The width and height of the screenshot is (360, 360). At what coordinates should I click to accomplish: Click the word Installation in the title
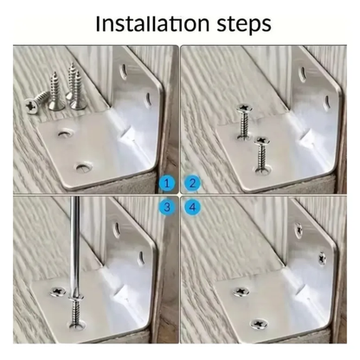pos(152,23)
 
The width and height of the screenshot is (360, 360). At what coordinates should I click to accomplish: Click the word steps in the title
pos(244,25)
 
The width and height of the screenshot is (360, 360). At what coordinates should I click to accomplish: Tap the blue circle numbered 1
pos(167,183)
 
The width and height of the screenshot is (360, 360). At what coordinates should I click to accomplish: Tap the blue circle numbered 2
pos(193,183)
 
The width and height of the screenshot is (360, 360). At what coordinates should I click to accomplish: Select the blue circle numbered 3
pos(167,207)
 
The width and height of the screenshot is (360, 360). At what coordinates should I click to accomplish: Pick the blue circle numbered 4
pos(193,207)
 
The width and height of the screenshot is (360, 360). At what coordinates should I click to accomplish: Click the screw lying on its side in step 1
pos(36,103)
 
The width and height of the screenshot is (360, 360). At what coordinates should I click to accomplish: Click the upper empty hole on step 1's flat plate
pos(65,133)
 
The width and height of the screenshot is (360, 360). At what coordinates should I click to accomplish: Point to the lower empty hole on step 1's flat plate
pos(84,166)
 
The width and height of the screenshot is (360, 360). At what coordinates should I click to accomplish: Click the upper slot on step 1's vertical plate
pos(124,71)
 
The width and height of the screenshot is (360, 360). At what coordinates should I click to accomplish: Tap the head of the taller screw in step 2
pos(245,108)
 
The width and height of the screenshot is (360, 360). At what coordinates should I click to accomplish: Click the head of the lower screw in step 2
pos(263,141)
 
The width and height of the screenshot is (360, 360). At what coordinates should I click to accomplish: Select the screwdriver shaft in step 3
pos(75,246)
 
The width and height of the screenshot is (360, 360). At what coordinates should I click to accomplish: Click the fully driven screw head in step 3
pos(58,292)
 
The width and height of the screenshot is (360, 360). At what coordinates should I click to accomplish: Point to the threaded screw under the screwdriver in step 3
pos(76,311)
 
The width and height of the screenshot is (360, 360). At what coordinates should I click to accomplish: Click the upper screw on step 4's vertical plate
pos(299,229)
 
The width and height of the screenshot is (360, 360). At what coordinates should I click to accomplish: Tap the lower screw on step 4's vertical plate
pos(322,258)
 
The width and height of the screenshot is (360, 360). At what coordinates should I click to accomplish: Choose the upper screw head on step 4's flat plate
pos(241,292)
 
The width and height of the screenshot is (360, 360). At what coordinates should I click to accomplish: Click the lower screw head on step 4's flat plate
pos(259,324)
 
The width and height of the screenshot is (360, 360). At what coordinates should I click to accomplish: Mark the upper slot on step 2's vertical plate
pos(302,74)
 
